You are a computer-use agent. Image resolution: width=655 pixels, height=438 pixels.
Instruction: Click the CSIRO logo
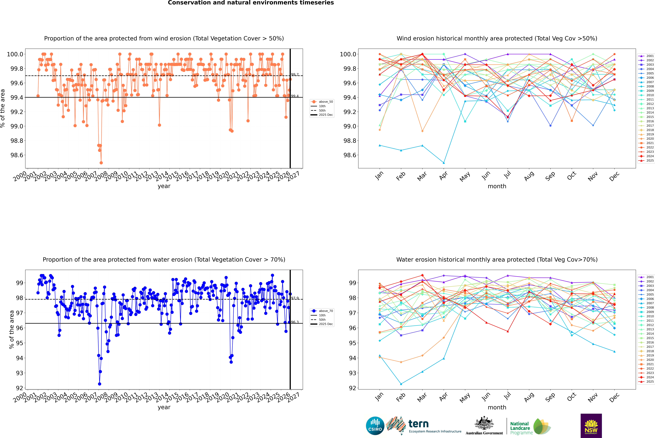pyautogui.click(x=375, y=426)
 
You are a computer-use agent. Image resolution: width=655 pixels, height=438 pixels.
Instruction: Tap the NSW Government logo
pyautogui.click(x=591, y=426)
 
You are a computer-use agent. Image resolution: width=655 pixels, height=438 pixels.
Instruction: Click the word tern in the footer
pyautogui.click(x=418, y=424)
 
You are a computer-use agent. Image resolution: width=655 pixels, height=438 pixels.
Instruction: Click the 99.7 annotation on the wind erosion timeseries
pyautogui.click(x=295, y=75)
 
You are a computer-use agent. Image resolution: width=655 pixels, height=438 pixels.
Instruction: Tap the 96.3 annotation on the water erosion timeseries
pyautogui.click(x=295, y=322)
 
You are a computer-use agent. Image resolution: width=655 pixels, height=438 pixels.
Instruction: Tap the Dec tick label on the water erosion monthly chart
pyautogui.click(x=614, y=397)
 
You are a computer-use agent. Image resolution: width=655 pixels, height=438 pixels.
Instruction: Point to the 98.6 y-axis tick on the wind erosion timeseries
pyautogui.click(x=17, y=155)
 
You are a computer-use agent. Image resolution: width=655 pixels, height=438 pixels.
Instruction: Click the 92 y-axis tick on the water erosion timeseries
pyautogui.click(x=20, y=388)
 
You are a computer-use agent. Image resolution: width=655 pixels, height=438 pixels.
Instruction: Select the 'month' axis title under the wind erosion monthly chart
pyautogui.click(x=497, y=186)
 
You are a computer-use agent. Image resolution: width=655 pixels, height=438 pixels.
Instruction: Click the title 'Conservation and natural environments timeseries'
pyautogui.click(x=251, y=3)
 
